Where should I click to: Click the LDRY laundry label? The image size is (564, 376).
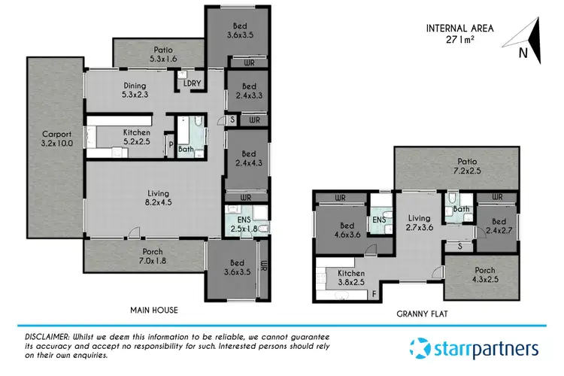click(193, 83)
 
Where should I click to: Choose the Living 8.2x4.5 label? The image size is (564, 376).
click(153, 197)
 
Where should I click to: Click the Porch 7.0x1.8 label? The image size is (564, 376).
click(142, 256)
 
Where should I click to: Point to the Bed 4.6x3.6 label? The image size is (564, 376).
click(341, 229)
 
